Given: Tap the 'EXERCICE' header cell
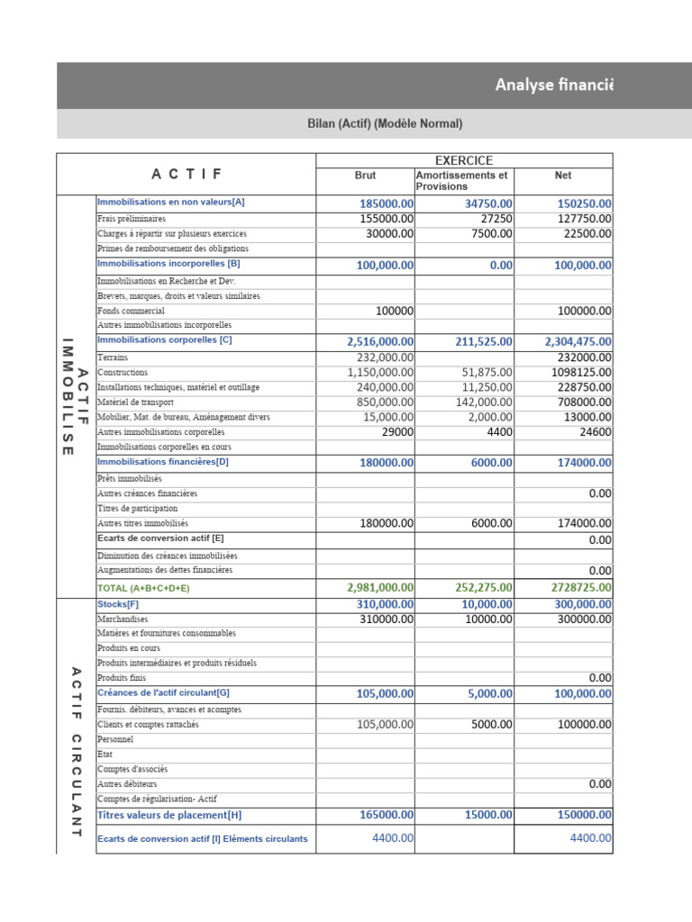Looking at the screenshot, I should (464, 160).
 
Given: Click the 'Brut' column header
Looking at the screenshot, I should (365, 176).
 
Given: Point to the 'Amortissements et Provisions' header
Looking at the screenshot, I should (461, 181).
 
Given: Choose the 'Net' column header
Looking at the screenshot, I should (563, 176).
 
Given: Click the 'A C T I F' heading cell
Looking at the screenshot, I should (186, 174).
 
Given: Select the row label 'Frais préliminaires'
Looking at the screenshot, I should (132, 219).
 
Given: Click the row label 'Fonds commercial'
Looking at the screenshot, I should (131, 311).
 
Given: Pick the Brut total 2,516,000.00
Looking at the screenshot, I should (380, 342).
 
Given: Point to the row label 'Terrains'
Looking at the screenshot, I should (113, 357).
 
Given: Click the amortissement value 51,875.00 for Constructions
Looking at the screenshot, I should (487, 373).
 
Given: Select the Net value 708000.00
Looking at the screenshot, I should (582, 402).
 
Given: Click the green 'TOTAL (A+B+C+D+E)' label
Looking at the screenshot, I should (143, 588).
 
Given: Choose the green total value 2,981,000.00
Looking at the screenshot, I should (380, 588).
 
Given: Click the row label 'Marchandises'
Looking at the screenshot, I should (123, 619).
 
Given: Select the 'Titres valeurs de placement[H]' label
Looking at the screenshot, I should (169, 816).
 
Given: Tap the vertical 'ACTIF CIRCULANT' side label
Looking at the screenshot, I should (76, 752).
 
